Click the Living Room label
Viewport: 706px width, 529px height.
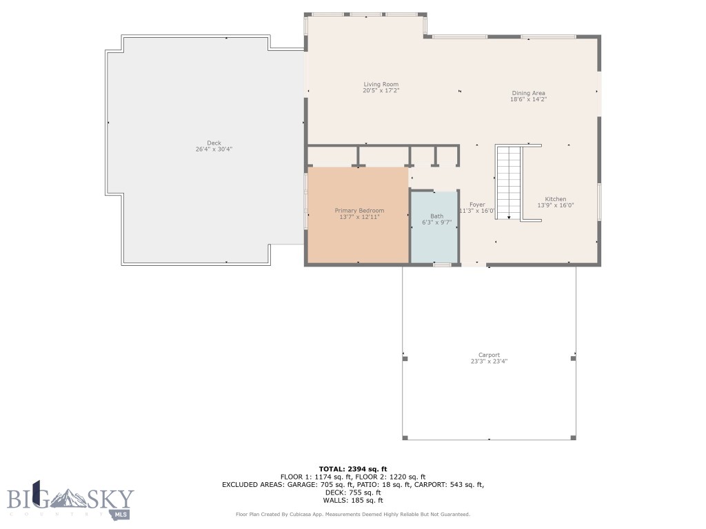click(381, 85)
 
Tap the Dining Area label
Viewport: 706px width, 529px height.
click(528, 93)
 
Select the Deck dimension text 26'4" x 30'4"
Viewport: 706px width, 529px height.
click(214, 149)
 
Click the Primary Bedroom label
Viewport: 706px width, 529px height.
click(359, 210)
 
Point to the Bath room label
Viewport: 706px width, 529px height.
click(436, 216)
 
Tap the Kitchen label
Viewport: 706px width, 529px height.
click(555, 199)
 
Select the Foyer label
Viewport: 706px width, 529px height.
click(477, 205)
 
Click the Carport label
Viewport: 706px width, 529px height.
click(489, 355)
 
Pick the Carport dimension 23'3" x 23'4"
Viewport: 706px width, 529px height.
click(489, 362)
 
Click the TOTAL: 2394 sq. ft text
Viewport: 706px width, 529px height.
click(352, 469)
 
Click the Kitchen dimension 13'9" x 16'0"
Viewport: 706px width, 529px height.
click(555, 205)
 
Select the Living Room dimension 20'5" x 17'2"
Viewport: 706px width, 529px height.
click(381, 91)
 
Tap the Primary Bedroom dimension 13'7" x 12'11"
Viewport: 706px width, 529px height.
click(359, 216)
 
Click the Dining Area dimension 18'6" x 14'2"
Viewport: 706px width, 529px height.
click(528, 99)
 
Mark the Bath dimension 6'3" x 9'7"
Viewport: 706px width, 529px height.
click(436, 222)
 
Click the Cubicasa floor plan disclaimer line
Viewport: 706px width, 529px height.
click(352, 515)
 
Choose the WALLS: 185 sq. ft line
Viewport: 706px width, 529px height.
click(352, 500)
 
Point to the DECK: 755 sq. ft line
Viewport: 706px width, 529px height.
click(352, 492)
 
